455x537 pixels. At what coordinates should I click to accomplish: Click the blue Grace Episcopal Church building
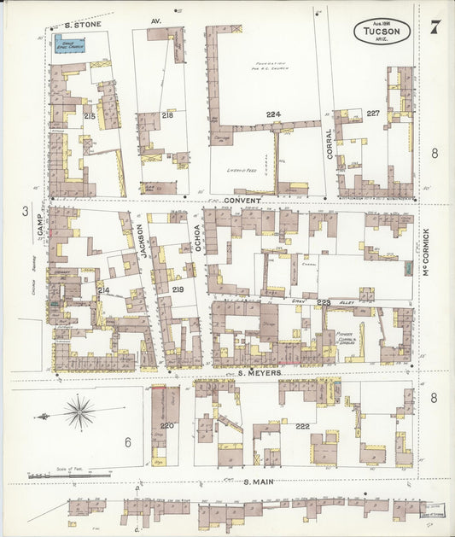click(x=70, y=44)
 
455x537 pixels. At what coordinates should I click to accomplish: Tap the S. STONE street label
click(x=83, y=25)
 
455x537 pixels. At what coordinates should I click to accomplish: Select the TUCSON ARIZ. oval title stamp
click(x=382, y=32)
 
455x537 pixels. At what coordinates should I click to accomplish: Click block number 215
click(x=90, y=115)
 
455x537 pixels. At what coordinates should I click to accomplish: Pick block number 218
click(x=167, y=114)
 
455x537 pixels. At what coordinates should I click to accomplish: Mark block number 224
click(x=273, y=114)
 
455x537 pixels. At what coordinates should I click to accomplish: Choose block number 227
click(x=373, y=114)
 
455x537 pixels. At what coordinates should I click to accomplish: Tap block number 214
click(x=103, y=291)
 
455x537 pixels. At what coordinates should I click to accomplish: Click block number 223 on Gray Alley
click(x=324, y=301)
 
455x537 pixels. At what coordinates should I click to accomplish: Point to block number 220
click(x=166, y=424)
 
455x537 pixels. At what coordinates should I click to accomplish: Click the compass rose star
click(x=79, y=414)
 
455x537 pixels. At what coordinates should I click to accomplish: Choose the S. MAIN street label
click(x=257, y=482)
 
